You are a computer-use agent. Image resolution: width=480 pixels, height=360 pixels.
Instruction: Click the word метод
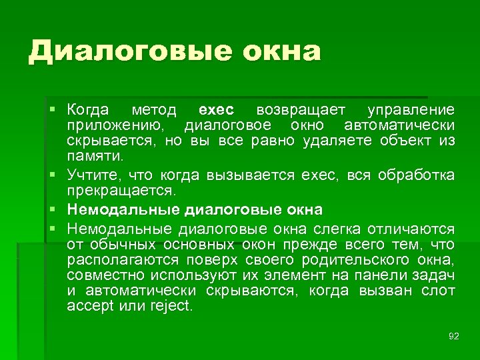154,109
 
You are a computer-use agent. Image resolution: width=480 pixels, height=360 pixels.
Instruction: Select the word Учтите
93,175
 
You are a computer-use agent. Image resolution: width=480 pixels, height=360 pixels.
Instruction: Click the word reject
171,307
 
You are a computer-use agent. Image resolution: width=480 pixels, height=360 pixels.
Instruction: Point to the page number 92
454,336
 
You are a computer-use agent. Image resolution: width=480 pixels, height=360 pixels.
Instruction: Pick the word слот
439,291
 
